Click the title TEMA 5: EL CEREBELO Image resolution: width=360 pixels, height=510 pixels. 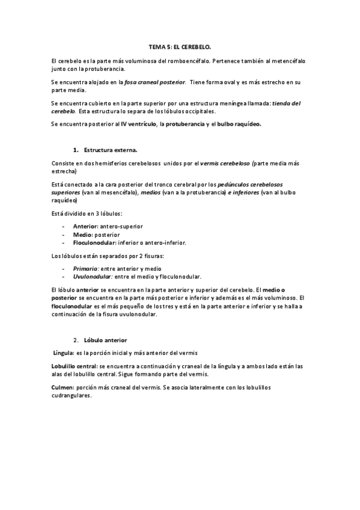[x=180, y=46]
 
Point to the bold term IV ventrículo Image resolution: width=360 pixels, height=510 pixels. [x=136, y=124]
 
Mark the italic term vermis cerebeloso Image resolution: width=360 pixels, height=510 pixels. [x=226, y=163]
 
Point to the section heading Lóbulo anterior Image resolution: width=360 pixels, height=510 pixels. [x=105, y=340]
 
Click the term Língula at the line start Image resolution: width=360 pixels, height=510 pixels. [x=63, y=352]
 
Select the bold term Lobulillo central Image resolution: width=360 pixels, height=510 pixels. [x=75, y=366]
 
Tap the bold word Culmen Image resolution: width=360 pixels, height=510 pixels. [x=63, y=388]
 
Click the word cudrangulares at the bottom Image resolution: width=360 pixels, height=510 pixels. [x=72, y=396]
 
